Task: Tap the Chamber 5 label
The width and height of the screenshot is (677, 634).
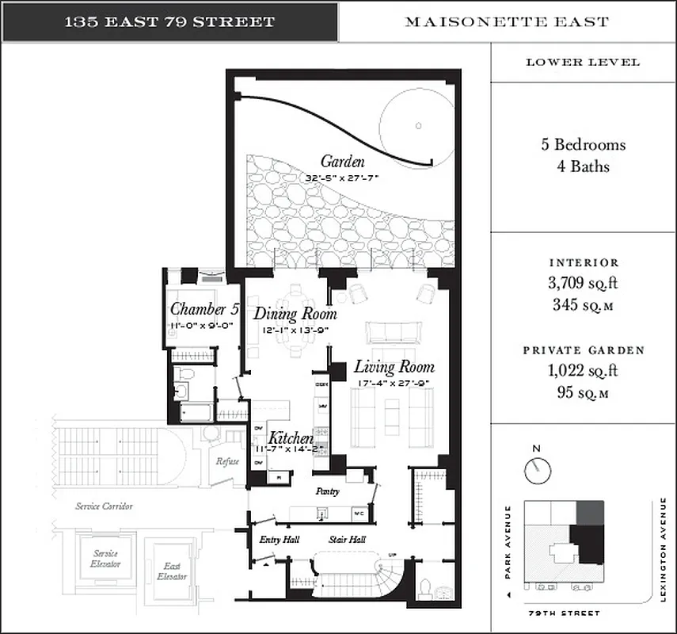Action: (x=203, y=309)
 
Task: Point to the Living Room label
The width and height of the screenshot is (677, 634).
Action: (x=394, y=367)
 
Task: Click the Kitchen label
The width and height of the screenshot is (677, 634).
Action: (x=291, y=437)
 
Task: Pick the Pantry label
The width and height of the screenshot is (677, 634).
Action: (x=327, y=491)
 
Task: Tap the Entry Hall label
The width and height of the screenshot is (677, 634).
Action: (x=277, y=540)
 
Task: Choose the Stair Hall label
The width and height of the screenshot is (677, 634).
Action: (x=347, y=540)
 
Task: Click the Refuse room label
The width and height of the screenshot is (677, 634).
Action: (x=228, y=461)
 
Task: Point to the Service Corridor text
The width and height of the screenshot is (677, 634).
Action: (x=104, y=506)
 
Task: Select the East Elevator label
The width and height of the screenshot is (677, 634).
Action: (x=172, y=571)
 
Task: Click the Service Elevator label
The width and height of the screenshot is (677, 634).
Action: (x=105, y=558)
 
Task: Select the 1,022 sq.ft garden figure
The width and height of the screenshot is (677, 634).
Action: (x=584, y=369)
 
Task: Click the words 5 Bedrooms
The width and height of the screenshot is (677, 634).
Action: (x=584, y=145)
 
